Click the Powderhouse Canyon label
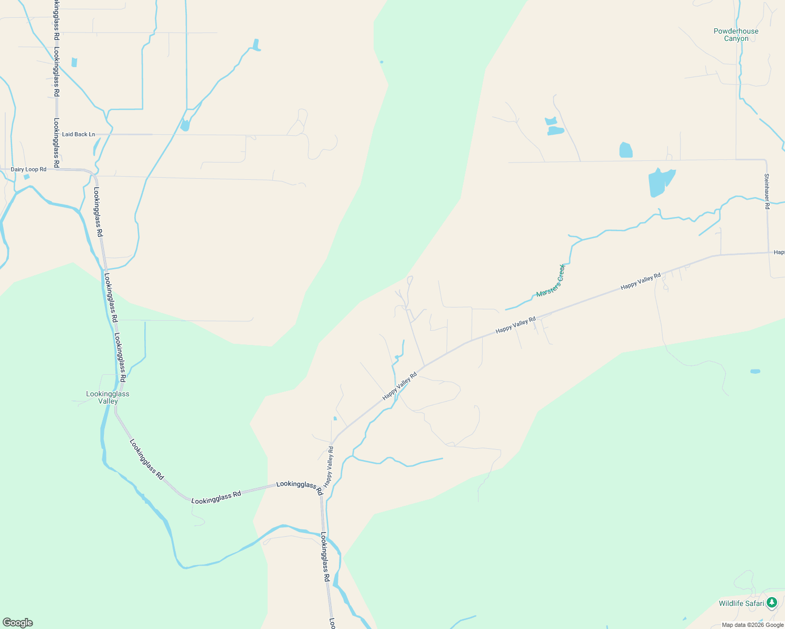pos(736,35)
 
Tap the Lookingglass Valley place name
pos(108,397)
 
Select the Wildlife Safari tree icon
pos(771,603)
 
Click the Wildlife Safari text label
pos(741,603)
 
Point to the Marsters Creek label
pos(550,281)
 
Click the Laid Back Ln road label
pos(79,134)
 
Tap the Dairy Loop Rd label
pos(29,169)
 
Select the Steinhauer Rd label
pos(767,191)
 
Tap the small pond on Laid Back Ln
pos(185,126)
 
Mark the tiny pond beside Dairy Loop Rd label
pos(27,177)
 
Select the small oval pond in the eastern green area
pos(755,371)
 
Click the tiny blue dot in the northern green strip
pos(381,62)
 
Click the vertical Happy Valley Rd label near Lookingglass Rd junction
pos(329,467)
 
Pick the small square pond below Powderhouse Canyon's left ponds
pos(625,150)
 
